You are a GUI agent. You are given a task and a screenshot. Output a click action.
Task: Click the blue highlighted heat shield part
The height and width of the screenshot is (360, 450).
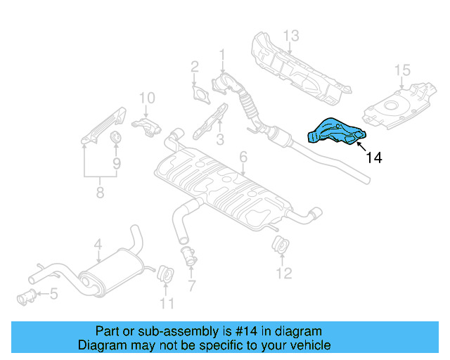point(337,132)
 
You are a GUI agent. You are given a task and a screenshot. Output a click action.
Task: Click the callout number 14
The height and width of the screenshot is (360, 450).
point(373,158)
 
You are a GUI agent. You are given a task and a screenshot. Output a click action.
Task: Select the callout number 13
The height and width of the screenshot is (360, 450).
point(291,35)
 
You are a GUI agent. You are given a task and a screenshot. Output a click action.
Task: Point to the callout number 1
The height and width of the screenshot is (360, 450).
point(222,54)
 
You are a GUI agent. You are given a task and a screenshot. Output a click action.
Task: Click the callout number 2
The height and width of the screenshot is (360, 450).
point(195,67)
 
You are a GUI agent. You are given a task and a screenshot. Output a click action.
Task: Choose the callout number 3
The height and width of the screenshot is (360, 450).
point(220,139)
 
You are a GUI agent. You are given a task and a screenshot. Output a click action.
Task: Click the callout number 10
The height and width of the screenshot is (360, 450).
point(146,98)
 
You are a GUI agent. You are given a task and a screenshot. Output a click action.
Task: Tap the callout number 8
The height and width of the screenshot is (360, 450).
point(100,191)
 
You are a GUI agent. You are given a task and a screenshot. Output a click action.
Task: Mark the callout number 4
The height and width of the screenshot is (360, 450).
point(98,245)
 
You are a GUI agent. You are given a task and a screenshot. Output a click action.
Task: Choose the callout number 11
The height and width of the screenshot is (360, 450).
point(166,304)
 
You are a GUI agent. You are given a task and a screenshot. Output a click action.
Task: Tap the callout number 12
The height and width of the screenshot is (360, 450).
point(283,273)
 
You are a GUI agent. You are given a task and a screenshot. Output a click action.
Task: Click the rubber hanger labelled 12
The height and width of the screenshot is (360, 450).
point(280,245)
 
